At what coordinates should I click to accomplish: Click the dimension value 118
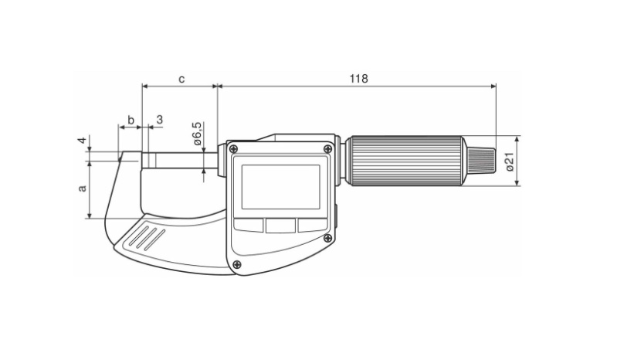pyautogui.click(x=358, y=79)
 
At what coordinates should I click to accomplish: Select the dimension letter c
pyautogui.click(x=181, y=79)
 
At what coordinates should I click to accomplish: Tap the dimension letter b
pyautogui.click(x=131, y=120)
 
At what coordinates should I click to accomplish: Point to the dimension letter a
pyautogui.click(x=82, y=188)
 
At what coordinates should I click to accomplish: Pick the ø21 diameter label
pyautogui.click(x=510, y=161)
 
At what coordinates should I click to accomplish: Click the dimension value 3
pyautogui.click(x=159, y=120)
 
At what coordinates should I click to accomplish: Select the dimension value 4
pyautogui.click(x=82, y=141)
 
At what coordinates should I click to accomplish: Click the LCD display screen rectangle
pyautogui.click(x=280, y=187)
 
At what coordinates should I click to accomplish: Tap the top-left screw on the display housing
pyautogui.click(x=234, y=149)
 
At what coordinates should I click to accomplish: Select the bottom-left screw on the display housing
pyautogui.click(x=236, y=264)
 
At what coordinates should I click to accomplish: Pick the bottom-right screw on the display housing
pyautogui.click(x=327, y=238)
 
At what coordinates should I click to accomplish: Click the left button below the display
pyautogui.click(x=249, y=225)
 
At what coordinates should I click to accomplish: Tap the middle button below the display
pyautogui.click(x=280, y=226)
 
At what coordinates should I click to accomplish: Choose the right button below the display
pyautogui.click(x=313, y=225)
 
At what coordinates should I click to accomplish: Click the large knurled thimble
pyautogui.click(x=406, y=161)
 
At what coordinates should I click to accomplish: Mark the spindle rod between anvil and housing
pyautogui.click(x=180, y=160)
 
